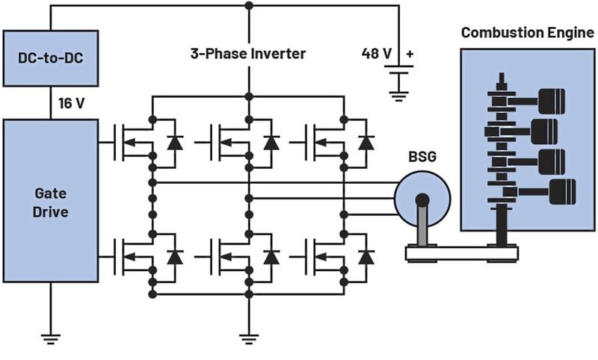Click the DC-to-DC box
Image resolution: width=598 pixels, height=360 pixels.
(50, 58)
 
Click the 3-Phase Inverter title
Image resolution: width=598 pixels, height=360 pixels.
(248, 55)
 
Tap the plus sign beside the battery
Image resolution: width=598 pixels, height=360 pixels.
(410, 55)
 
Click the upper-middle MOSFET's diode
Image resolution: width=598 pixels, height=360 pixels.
(271, 142)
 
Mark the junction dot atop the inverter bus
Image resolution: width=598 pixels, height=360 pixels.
(248, 5)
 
